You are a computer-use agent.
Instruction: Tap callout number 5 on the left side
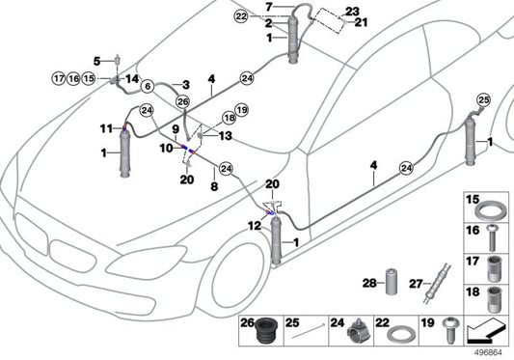click(96, 61)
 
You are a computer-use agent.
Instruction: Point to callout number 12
click(254, 226)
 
